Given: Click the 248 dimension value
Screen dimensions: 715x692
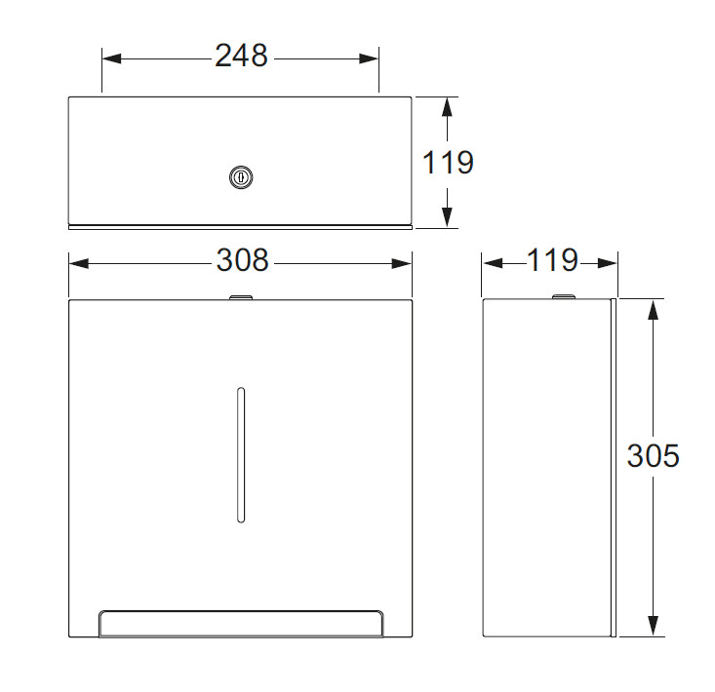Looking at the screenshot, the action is [241, 56].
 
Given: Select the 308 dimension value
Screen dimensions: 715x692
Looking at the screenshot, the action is [242, 260].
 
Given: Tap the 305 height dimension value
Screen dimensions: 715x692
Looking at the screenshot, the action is [653, 455].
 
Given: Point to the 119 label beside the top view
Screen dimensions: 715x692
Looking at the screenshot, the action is [448, 162].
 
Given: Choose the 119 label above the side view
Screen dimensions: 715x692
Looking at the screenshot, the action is [553, 260].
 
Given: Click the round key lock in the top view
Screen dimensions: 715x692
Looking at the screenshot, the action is [241, 177].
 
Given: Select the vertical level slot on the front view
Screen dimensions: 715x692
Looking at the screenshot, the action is [241, 454].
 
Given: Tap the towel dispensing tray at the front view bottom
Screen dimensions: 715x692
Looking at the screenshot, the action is [241, 624].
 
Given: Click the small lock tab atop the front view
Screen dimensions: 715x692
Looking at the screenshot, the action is [241, 297].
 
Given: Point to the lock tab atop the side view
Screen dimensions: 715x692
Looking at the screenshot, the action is [564, 297].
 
